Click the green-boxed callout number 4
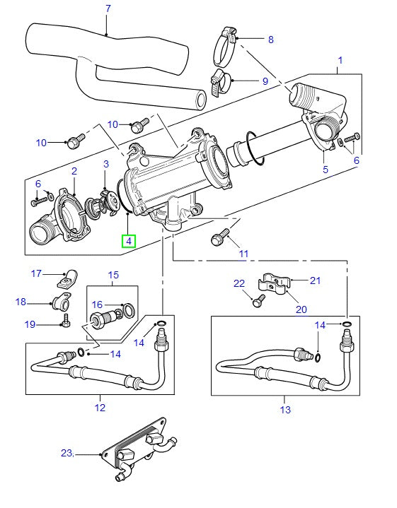pos(128,240)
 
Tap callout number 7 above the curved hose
pos(108,9)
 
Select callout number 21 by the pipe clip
pos(315,280)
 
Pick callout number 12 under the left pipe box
pos(99,408)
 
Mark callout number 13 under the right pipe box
pos(285,409)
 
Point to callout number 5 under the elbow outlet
pos(325,170)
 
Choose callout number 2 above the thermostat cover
pos(73,171)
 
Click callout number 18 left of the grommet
pos(21,302)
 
